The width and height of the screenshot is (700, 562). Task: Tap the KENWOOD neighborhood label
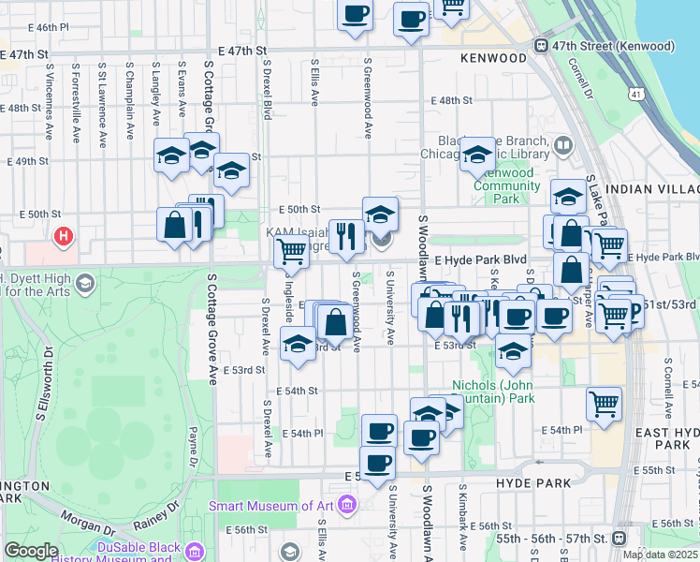pyautogui.click(x=493, y=58)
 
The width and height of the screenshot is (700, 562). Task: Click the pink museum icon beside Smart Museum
pyautogui.click(x=347, y=507)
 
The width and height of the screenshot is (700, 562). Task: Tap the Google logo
pyautogui.click(x=32, y=551)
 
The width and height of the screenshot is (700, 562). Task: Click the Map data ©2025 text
pyautogui.click(x=660, y=555)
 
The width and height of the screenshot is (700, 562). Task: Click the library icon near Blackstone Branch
pyautogui.click(x=562, y=145)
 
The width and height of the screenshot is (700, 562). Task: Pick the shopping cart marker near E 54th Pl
pyautogui.click(x=604, y=404)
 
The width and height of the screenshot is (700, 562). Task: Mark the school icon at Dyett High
pyautogui.click(x=84, y=283)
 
